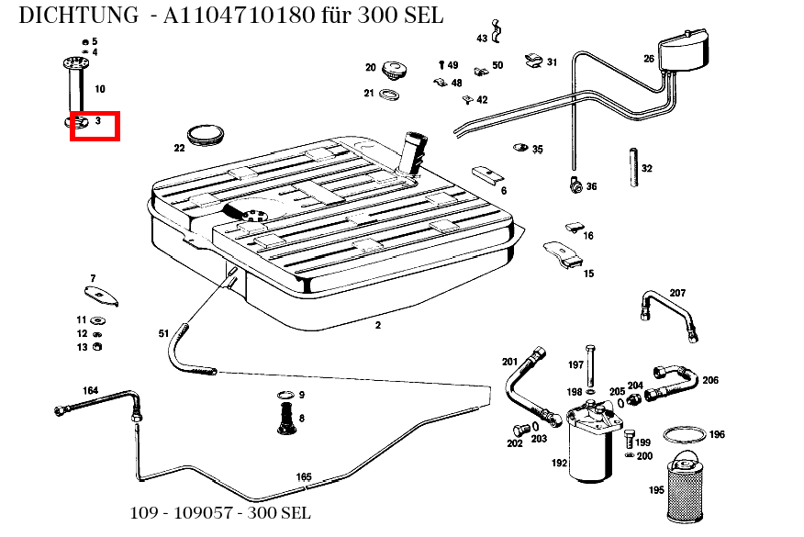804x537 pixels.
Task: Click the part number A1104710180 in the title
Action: (239, 16)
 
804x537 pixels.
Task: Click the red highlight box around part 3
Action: (95, 113)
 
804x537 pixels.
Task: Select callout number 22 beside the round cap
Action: (179, 148)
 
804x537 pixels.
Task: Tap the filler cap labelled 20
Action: (395, 71)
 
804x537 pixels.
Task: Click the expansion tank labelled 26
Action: (684, 50)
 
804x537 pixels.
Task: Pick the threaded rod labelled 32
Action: (634, 168)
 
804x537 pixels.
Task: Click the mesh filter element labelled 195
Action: (685, 487)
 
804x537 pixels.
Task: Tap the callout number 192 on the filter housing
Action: (560, 463)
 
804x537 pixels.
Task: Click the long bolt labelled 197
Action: (591, 365)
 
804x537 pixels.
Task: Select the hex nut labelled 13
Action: (96, 346)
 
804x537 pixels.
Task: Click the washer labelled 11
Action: (97, 320)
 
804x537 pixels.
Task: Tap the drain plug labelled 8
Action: (285, 419)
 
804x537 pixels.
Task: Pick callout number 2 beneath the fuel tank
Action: (378, 325)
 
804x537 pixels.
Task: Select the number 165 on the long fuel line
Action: (304, 476)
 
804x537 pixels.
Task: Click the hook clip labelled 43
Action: (496, 32)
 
